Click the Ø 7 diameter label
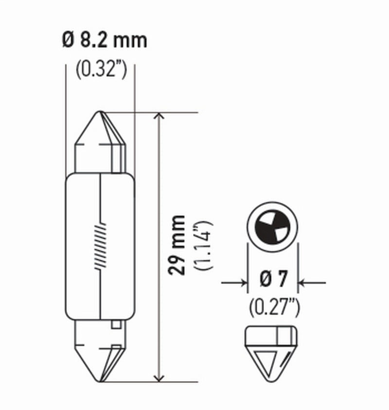click(273, 282)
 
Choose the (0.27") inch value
click(274, 307)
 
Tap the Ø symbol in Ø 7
click(265, 282)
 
